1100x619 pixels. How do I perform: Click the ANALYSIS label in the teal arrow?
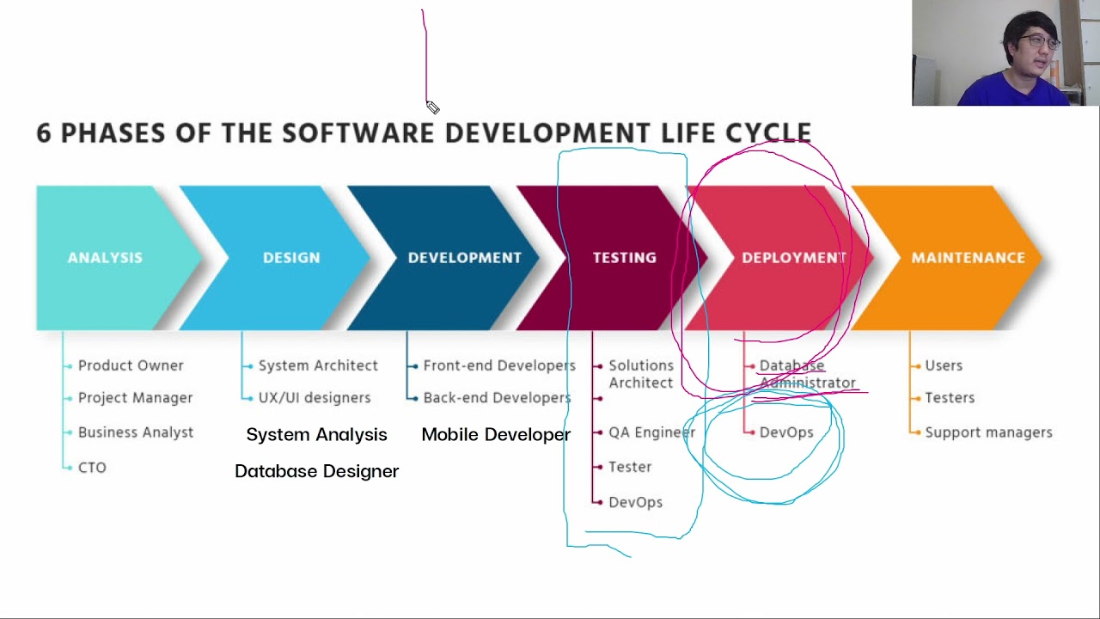[x=105, y=257]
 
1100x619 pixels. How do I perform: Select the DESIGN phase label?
[x=291, y=257]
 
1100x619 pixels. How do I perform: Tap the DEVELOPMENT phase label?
[x=464, y=257]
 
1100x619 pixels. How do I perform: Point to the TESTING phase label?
[x=624, y=257]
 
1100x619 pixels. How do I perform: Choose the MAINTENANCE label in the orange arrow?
[x=968, y=257]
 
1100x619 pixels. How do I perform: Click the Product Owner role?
[x=131, y=365]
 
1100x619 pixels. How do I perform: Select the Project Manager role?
[x=135, y=398]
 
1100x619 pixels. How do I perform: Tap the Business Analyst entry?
[x=136, y=432]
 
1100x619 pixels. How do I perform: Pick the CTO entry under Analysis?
[x=92, y=468]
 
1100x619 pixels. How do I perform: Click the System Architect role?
[x=318, y=365]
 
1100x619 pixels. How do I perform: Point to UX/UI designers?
[x=315, y=398]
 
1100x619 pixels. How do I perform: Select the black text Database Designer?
[x=316, y=471]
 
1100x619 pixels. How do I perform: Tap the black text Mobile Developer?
[x=496, y=434]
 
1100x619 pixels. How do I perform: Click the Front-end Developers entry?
[x=499, y=365]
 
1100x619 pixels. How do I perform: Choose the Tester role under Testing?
[x=630, y=467]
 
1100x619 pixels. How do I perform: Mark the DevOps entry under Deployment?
[x=786, y=432]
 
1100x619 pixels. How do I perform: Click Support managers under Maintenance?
[x=988, y=432]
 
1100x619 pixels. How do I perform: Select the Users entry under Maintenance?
[x=944, y=365]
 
